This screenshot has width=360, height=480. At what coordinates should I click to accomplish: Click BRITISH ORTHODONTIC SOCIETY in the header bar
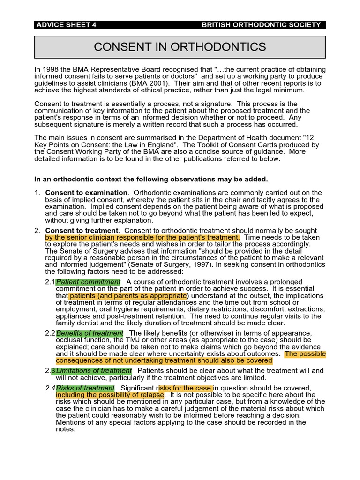[261, 25]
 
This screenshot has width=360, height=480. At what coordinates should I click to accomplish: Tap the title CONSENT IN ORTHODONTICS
[180, 47]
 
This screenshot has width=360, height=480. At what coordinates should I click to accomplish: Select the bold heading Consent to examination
[86, 193]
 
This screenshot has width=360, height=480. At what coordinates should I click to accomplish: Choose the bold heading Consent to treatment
[82, 231]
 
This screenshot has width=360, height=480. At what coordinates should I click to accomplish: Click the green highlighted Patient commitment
[88, 282]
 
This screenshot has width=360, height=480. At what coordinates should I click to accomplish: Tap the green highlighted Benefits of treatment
[90, 333]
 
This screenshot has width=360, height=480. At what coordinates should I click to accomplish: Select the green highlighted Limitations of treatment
[94, 371]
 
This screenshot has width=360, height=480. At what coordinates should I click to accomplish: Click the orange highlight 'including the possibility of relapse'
[110, 395]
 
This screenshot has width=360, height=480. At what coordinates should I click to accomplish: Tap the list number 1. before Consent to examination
[37, 193]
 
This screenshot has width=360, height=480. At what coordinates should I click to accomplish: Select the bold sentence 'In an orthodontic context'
[151, 179]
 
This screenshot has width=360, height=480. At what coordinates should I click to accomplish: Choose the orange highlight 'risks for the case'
[186, 388]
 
